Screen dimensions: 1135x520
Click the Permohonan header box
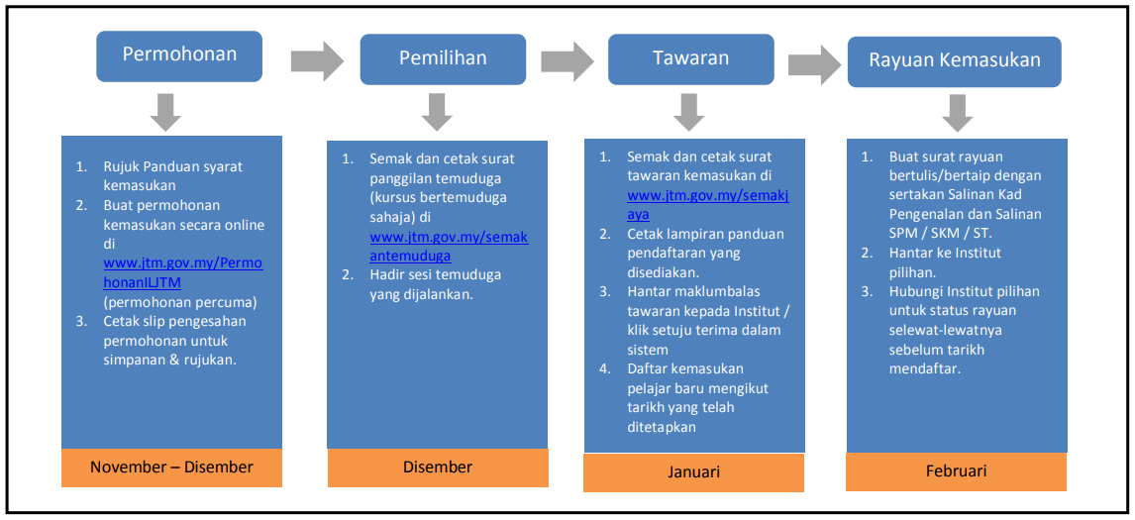point(179,55)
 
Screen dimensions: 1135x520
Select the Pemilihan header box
point(443,58)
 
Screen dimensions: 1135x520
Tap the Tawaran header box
point(691,58)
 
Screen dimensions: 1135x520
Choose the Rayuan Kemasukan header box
point(954,61)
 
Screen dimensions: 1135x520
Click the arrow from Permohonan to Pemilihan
point(317,60)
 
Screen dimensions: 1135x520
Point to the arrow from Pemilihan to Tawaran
point(567,60)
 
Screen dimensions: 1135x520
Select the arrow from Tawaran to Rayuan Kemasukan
point(815,64)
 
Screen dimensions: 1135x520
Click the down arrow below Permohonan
point(165,112)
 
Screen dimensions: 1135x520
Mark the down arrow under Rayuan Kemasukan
point(958,114)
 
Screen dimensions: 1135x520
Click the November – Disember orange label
point(171,468)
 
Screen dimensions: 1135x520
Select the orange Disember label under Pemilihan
point(438,468)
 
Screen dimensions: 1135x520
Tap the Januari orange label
point(694,472)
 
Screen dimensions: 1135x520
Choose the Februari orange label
point(956,471)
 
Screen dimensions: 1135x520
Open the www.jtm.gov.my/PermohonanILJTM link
point(183,272)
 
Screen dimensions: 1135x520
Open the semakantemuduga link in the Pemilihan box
point(449,247)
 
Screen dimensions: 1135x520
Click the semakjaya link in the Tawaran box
point(707,205)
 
